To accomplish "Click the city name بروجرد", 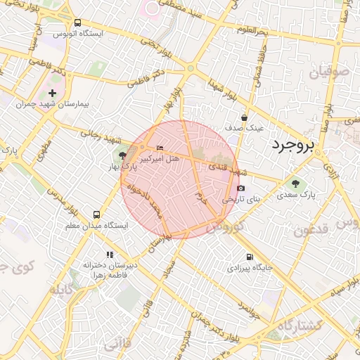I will tap(292, 146).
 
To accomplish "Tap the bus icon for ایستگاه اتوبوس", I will tap(77, 22).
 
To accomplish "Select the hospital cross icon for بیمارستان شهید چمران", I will tap(53, 94).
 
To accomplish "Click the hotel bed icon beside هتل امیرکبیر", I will tap(160, 148).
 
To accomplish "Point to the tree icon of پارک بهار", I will tap(123, 155).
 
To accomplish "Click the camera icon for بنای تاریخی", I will tap(240, 188).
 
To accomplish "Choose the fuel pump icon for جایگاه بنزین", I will tap(250, 257).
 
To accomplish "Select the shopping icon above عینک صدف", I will tap(244, 117).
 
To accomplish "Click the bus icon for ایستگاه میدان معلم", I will tap(96, 214).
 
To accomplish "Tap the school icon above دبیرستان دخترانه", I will tap(109, 255).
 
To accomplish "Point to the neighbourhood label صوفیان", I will tap(328, 71).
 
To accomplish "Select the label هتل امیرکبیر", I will tap(158, 159).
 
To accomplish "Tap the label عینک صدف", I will tap(244, 129).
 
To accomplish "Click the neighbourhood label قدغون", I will tap(311, 231).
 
